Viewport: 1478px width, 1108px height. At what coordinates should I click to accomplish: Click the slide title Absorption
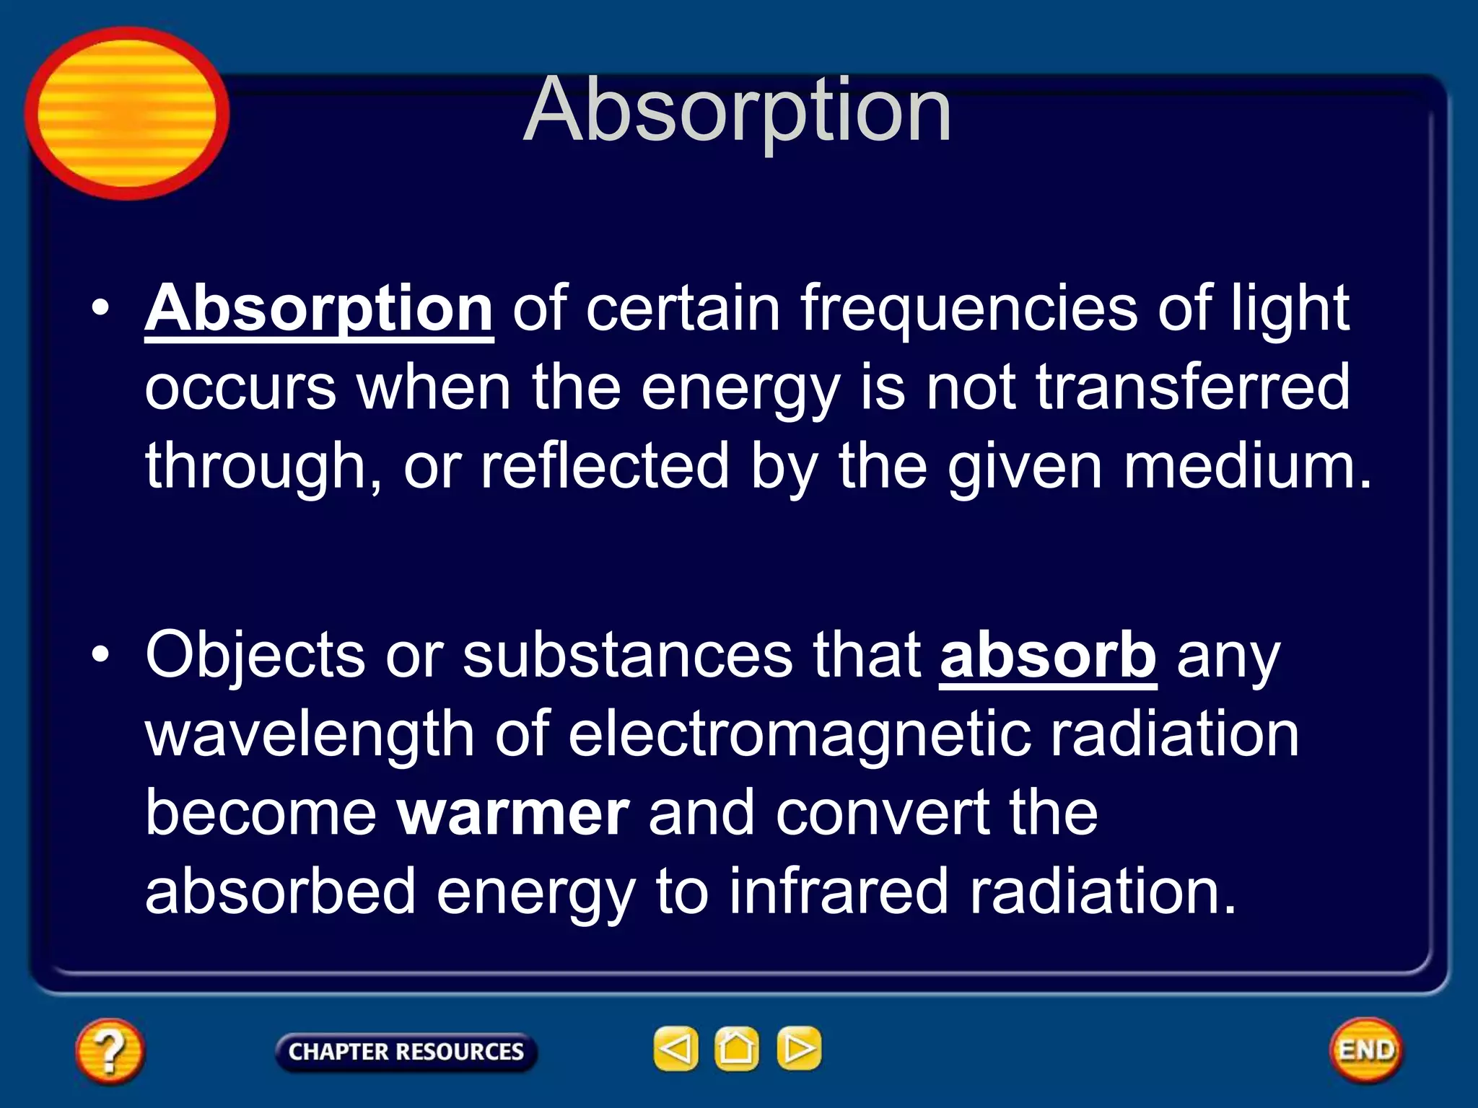pos(737,112)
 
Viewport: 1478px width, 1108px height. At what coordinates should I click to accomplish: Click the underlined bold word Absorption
pos(319,309)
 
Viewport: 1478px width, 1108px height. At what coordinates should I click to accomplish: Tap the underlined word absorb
pos(1048,656)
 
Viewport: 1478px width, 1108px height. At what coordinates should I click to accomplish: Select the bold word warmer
pos(514,814)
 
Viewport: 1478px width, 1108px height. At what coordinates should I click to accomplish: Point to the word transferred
pos(1192,387)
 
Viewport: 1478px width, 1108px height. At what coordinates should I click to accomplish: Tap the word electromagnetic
pos(799,734)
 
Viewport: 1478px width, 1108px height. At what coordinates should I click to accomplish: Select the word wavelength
pos(310,734)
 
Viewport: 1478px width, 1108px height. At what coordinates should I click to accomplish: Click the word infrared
pos(837,892)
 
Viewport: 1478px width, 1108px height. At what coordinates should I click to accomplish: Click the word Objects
pos(255,656)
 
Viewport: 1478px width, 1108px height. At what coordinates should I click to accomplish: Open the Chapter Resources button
pos(406,1052)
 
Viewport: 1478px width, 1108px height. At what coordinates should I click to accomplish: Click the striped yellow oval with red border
pos(127,113)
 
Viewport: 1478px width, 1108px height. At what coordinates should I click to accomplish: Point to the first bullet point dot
pos(100,309)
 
